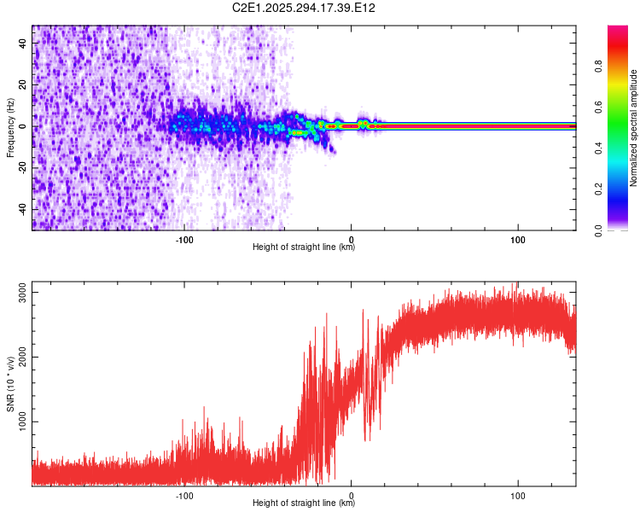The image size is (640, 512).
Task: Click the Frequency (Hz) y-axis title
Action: click(10, 127)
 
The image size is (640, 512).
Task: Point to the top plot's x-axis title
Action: click(304, 247)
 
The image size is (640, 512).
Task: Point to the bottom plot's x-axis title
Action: click(304, 503)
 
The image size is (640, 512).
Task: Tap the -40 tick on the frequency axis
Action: click(24, 209)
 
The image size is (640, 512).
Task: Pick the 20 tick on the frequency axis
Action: click(24, 84)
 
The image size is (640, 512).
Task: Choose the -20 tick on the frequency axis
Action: click(24, 168)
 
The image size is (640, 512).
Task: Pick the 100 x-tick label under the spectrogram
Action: click(517, 238)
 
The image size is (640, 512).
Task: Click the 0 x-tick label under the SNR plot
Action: click(352, 493)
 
